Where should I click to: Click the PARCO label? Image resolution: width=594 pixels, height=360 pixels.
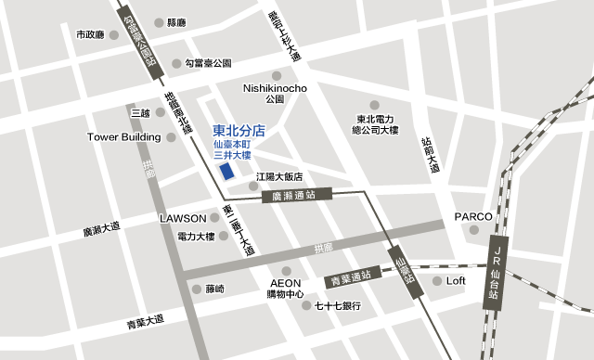[472, 216]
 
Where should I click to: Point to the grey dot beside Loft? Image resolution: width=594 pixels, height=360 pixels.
[437, 280]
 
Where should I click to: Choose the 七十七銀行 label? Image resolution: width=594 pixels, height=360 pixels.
[338, 305]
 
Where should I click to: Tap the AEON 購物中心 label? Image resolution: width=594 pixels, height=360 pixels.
[286, 289]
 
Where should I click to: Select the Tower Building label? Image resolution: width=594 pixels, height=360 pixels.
[123, 137]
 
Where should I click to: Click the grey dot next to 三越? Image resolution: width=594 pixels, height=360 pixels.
[161, 112]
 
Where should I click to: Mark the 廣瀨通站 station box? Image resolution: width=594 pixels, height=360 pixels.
[306, 196]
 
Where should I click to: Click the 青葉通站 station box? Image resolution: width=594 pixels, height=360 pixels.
[351, 276]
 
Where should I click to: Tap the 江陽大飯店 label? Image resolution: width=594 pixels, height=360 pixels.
[279, 176]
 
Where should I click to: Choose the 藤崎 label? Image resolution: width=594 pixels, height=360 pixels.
[214, 289]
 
